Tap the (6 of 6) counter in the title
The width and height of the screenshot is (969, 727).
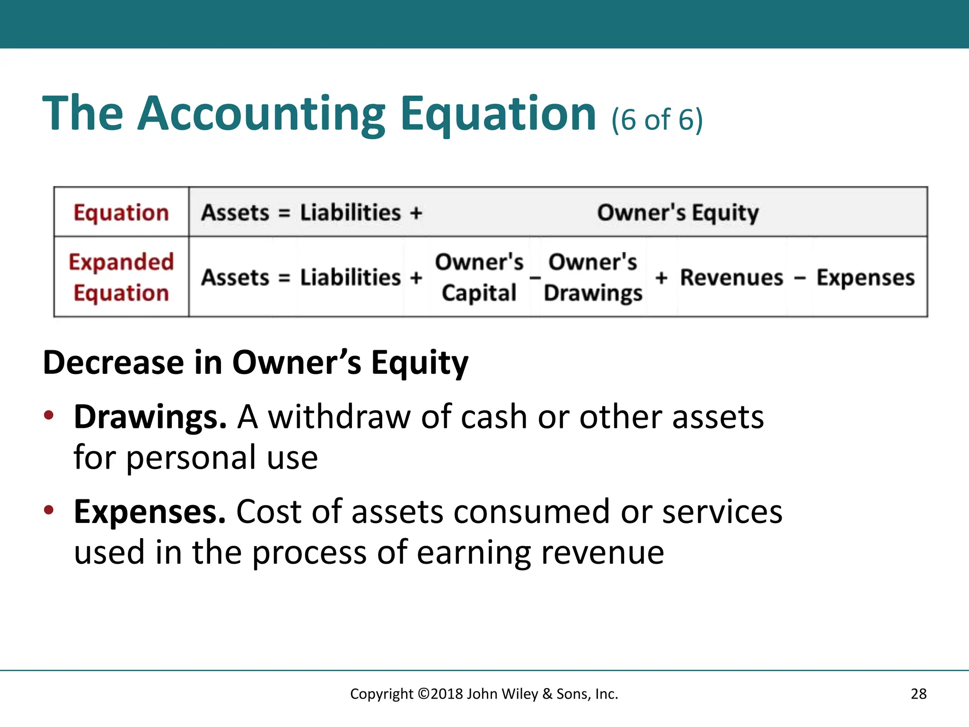coord(657,119)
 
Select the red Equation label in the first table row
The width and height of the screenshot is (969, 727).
coord(121,213)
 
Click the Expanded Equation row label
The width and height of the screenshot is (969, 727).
coord(121,277)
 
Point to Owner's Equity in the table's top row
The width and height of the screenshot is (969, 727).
coord(678,213)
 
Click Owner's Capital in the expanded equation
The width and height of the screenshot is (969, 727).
coord(479,277)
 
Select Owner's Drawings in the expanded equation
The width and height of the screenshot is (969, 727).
coord(593,277)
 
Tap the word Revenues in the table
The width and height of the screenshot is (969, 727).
coord(731,277)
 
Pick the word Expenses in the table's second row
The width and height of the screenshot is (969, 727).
coord(865,277)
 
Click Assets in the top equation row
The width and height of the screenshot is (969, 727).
coord(235,213)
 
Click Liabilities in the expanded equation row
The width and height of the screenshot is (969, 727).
coord(351,277)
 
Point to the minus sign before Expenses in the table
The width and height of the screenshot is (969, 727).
coord(800,278)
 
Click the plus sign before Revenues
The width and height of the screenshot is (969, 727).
coord(661,278)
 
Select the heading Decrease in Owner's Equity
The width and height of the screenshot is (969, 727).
coord(255,363)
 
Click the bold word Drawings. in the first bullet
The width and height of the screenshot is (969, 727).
coord(150,417)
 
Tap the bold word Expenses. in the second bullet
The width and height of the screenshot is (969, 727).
coord(150,512)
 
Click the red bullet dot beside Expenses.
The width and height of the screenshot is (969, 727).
coord(49,510)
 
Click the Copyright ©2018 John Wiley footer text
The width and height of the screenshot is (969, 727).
coord(484,694)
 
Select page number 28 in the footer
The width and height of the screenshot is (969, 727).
coord(918,694)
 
